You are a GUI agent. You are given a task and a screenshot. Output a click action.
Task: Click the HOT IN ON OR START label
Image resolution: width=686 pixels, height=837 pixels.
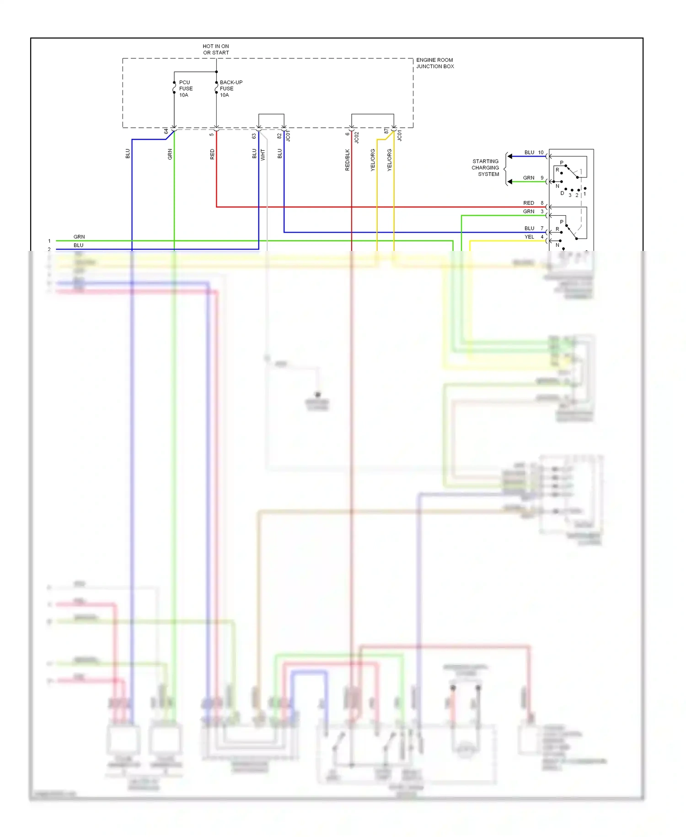[x=216, y=49]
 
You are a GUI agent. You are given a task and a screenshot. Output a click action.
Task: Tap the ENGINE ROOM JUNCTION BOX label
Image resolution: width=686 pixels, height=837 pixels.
[x=434, y=63]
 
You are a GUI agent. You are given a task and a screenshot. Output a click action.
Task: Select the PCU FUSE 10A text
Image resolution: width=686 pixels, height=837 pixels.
[x=186, y=89]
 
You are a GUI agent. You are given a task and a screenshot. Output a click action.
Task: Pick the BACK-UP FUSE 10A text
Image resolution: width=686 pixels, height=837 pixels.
[x=230, y=89]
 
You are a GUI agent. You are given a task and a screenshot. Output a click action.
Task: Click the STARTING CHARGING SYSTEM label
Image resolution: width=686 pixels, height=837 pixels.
[x=485, y=168]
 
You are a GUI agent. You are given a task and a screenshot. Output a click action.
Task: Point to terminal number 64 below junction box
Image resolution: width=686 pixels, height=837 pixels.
[x=166, y=131]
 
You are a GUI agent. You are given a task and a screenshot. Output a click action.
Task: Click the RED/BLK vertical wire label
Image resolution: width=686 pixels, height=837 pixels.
[x=347, y=160]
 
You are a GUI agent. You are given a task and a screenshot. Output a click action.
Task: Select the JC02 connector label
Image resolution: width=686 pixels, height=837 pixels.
[x=357, y=137]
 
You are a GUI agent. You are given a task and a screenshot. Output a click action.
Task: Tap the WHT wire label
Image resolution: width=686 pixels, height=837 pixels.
[x=263, y=155]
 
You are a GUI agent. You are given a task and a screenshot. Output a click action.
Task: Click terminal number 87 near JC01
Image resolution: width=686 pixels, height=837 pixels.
[x=386, y=131]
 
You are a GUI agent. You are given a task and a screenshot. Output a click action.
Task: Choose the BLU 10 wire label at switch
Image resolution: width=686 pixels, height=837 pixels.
[x=534, y=152]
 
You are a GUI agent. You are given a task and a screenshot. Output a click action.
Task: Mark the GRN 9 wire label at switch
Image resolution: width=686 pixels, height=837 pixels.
[x=533, y=178]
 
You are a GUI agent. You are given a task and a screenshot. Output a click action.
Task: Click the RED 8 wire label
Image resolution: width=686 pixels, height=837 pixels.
[x=533, y=203]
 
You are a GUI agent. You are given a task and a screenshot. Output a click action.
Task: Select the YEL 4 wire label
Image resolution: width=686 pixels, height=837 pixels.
[x=534, y=237]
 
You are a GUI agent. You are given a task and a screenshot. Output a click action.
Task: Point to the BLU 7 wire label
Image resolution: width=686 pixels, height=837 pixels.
[x=534, y=228]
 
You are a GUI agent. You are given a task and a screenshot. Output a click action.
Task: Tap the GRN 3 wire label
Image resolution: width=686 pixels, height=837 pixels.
[x=533, y=212]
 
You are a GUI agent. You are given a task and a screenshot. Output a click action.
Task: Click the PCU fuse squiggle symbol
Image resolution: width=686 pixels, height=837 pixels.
[x=174, y=87]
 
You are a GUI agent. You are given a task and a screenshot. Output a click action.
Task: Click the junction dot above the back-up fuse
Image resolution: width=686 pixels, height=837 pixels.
[x=216, y=72]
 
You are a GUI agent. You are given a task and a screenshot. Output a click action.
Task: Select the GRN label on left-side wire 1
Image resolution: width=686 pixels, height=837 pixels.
[x=79, y=237]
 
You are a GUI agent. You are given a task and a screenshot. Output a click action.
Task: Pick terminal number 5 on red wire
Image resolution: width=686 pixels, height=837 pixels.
[x=212, y=134]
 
